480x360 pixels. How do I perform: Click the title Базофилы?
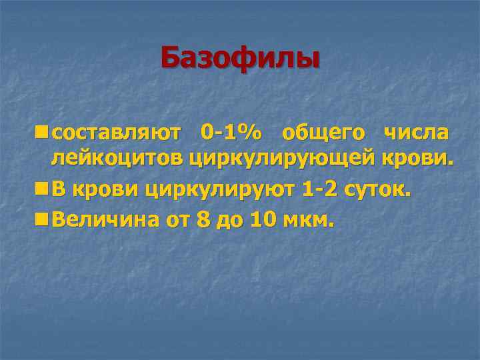(240, 59)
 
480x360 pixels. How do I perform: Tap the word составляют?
(116, 133)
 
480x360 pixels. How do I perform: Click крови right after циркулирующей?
(417, 159)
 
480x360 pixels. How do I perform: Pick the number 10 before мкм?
(261, 219)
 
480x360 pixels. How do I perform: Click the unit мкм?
(307, 219)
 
